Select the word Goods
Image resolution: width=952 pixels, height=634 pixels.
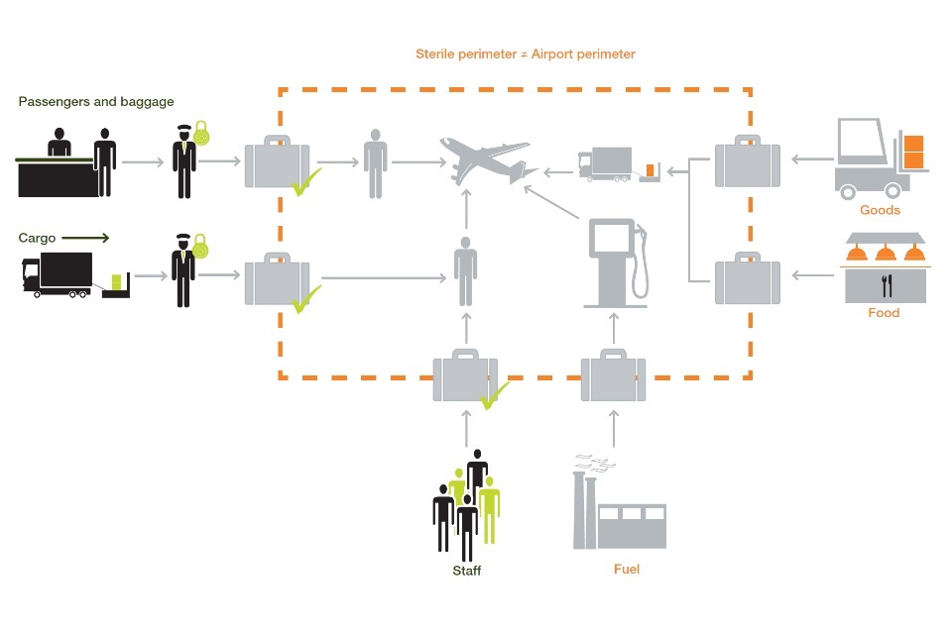880,210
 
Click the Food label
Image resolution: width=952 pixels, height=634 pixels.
883,313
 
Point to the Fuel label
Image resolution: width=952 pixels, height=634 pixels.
627,570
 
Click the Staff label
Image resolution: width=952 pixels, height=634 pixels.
466,572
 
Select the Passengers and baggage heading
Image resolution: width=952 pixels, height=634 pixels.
96,101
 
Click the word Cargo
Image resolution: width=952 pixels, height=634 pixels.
37,238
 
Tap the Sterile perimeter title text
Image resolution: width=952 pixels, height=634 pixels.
525,54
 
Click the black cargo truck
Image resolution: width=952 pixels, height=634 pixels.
58,275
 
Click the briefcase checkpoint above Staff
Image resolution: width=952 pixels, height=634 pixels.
465,375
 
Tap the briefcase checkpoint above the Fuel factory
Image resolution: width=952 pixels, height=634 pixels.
613,376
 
